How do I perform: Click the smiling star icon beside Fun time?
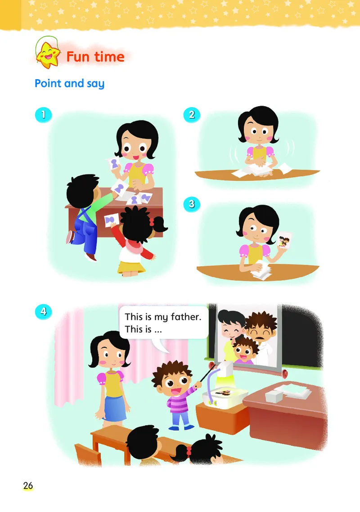(48, 55)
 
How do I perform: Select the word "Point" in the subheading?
(48, 83)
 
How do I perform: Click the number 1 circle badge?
(44, 115)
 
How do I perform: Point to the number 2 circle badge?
(192, 115)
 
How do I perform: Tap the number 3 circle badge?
(192, 204)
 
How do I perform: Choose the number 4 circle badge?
(44, 311)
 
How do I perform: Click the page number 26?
(28, 485)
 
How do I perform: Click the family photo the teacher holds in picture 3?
(284, 241)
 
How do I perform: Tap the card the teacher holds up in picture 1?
(114, 164)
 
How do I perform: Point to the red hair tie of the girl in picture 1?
(151, 222)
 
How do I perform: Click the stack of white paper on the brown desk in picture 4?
(288, 393)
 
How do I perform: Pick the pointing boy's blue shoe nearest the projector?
(189, 426)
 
